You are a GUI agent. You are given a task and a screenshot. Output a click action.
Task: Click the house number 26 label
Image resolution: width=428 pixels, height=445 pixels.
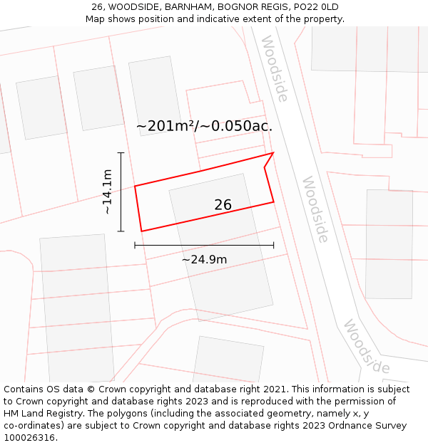[223, 205]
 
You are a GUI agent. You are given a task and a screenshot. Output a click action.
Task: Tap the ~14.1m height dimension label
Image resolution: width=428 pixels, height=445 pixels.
[107, 192]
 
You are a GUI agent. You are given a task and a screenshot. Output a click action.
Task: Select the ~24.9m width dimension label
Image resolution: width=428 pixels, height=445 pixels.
[204, 260]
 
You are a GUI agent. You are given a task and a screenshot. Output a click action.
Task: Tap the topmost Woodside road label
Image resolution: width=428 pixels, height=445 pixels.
[275, 68]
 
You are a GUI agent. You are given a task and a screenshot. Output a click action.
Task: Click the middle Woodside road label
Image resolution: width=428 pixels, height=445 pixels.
[315, 209]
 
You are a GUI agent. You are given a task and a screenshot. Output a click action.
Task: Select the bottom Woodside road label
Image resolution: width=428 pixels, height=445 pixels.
[367, 347]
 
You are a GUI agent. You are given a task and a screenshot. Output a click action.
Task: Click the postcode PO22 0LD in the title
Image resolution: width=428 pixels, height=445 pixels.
[315, 7]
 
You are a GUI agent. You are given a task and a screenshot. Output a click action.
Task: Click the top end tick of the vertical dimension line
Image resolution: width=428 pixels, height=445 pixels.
[121, 152]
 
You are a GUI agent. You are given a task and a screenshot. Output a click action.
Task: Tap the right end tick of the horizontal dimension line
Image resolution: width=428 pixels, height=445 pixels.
[273, 245]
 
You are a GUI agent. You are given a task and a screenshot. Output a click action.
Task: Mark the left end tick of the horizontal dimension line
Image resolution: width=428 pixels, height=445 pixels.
[135, 245]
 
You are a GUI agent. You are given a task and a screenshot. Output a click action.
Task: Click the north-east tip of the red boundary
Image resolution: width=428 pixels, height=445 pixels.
[273, 152]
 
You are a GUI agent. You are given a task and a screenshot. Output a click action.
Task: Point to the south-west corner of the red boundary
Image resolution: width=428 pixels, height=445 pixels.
[141, 231]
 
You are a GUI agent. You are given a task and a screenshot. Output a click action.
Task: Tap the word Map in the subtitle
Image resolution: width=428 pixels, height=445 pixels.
[96, 19]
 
